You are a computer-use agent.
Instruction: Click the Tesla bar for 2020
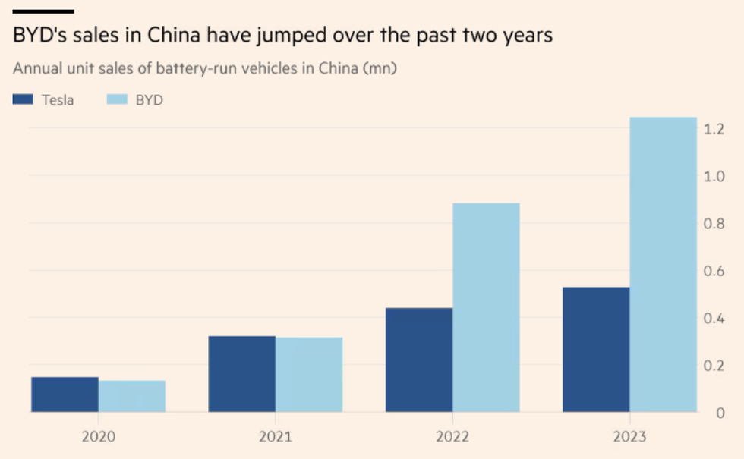[65, 395]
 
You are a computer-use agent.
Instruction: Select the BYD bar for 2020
[132, 396]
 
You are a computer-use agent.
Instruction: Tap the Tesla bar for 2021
[241, 374]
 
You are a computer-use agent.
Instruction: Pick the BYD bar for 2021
[309, 375]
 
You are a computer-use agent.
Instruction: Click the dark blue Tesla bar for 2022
[419, 360]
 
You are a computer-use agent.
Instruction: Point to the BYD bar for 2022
[486, 308]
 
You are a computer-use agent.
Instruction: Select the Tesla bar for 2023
[596, 350]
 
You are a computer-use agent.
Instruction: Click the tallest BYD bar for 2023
[664, 265]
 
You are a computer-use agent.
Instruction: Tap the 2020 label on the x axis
[99, 437]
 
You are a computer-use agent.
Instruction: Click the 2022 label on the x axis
[452, 437]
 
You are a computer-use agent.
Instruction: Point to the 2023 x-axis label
[629, 437]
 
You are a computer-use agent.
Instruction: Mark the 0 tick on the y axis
[719, 413]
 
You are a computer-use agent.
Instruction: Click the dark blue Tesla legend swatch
[24, 99]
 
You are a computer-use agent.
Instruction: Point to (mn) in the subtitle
[381, 68]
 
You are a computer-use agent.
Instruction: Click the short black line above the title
[43, 11]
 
